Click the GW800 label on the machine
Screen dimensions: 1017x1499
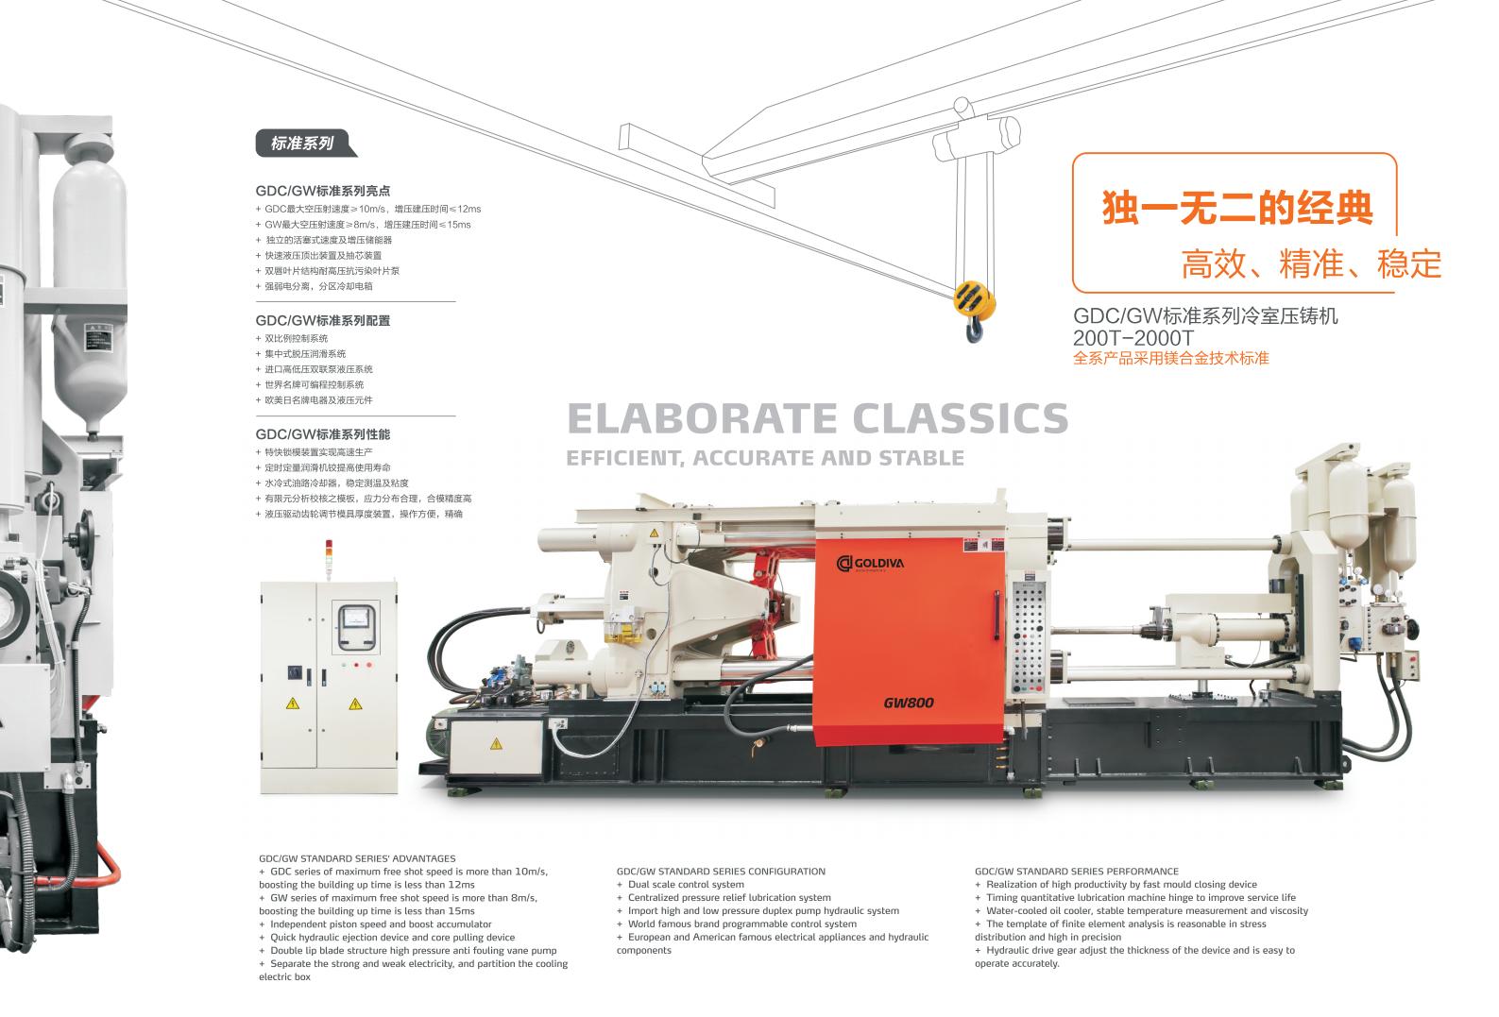[909, 703]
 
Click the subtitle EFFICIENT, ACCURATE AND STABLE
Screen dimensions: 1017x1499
[765, 459]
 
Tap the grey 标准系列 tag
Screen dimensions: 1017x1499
[303, 144]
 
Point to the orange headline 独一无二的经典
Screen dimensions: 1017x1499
[1237, 209]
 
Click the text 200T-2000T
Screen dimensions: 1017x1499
[1133, 337]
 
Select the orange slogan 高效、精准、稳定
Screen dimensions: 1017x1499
[1311, 264]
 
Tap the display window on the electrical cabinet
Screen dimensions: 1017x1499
[358, 627]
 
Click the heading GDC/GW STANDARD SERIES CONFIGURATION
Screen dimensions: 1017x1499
[721, 871]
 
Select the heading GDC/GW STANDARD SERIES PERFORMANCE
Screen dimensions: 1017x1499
[1077, 871]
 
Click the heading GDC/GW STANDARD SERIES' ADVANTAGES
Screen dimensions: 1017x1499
[357, 858]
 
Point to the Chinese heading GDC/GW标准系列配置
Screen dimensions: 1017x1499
[323, 320]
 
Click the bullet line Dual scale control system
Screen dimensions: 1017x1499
[686, 885]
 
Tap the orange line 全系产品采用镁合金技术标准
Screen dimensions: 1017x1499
[1170, 358]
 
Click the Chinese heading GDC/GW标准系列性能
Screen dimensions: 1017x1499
[323, 434]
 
